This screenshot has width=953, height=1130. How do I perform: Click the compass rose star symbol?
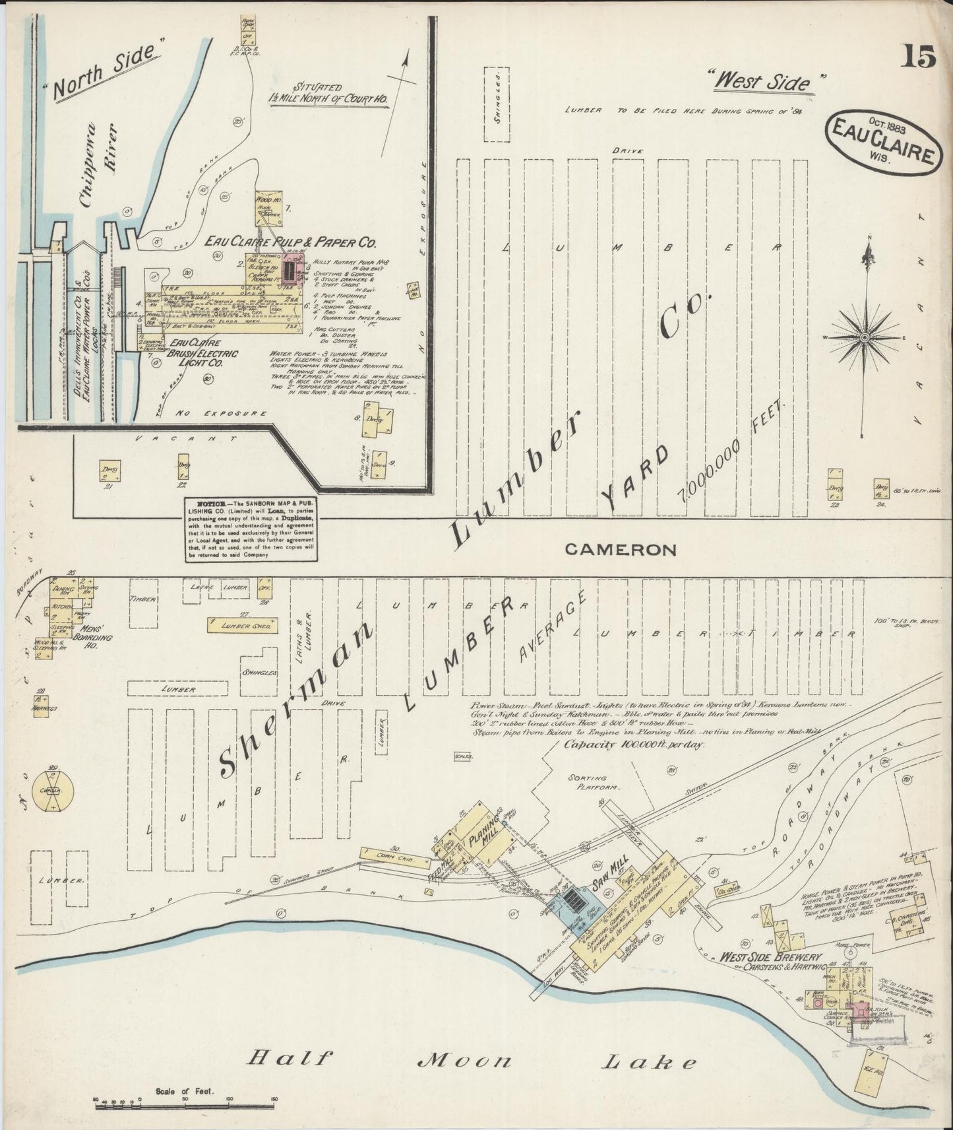[865, 337]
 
